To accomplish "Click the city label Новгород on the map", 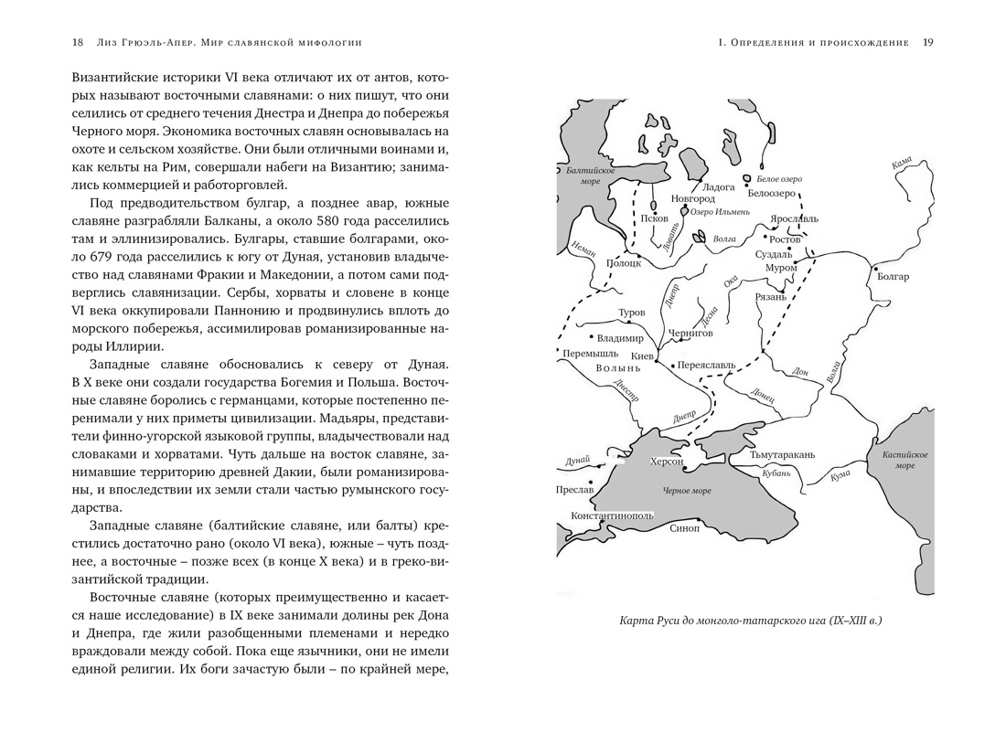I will click(693, 198).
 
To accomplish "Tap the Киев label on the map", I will click(643, 355).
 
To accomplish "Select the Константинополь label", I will click(612, 515).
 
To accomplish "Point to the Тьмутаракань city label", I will click(782, 454).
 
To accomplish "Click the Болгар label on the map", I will click(893, 277).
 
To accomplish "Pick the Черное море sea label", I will click(687, 491).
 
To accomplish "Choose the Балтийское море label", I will click(590, 175).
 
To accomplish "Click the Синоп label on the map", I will click(684, 528).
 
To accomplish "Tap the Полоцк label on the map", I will click(624, 262).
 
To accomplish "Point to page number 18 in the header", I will click(78, 42).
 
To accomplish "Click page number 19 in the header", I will click(927, 42).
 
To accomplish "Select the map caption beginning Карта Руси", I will click(750, 621).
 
